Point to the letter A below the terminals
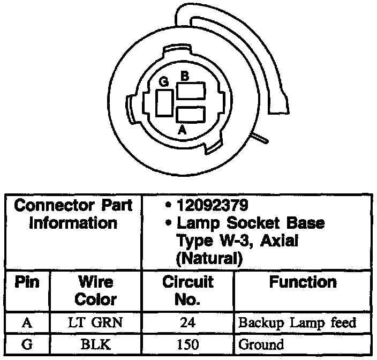pos(182,129)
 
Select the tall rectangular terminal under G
pos(164,102)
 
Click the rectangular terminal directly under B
pos(191,92)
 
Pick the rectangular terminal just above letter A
pos(191,115)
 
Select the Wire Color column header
pos(96,290)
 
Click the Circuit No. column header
pos(187,290)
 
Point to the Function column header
pos(303,282)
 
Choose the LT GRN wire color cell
pos(96,324)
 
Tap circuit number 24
pos(187,324)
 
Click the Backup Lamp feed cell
pos(298,324)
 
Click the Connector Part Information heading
pos(73,214)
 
